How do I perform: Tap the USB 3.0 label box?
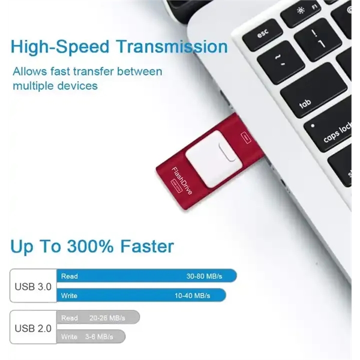pyautogui.click(x=33, y=286)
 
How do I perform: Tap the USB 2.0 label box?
pyautogui.click(x=33, y=328)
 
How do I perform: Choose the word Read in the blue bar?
pyautogui.click(x=70, y=277)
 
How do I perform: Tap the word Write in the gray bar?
pyautogui.click(x=70, y=337)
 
